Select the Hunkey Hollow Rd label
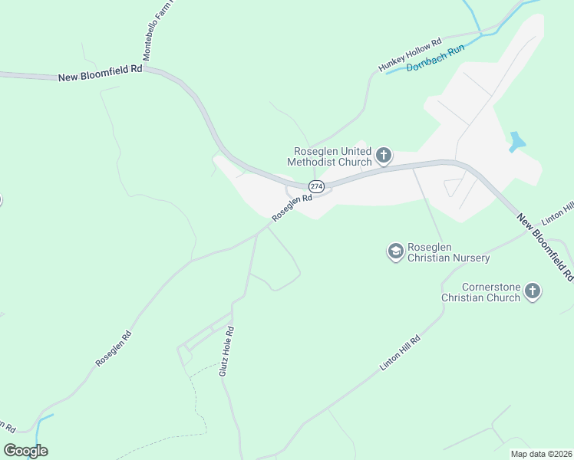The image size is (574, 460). (x=411, y=56)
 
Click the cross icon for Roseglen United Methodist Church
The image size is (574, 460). (x=384, y=156)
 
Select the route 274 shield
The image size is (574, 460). (x=316, y=186)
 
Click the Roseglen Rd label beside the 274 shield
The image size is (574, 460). (x=292, y=207)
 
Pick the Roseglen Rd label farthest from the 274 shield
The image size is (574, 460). (x=114, y=348)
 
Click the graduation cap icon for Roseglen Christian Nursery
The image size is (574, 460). (x=395, y=251)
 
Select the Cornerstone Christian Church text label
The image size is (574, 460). (x=480, y=292)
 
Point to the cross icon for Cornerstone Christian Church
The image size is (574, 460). (x=533, y=291)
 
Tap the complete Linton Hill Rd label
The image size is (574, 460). (x=401, y=353)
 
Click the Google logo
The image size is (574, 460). (x=25, y=451)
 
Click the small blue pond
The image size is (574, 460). (x=517, y=141)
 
